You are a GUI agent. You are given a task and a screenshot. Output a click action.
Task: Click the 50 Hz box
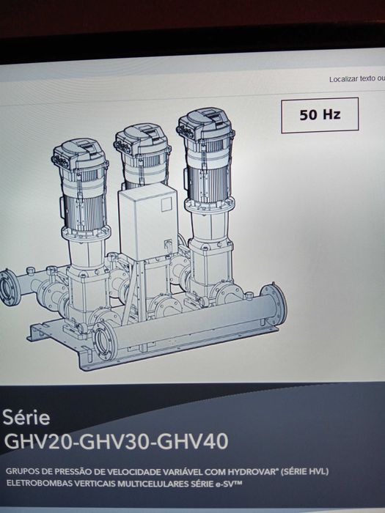point(320,115)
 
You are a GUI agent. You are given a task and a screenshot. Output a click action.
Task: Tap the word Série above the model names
point(26,418)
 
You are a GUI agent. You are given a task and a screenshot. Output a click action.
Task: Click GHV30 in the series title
point(114,441)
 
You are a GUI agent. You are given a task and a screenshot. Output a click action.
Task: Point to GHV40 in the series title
point(192,441)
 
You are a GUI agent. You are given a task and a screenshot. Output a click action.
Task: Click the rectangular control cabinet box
point(148,221)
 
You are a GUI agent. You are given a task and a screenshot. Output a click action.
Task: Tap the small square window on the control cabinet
point(166,204)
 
